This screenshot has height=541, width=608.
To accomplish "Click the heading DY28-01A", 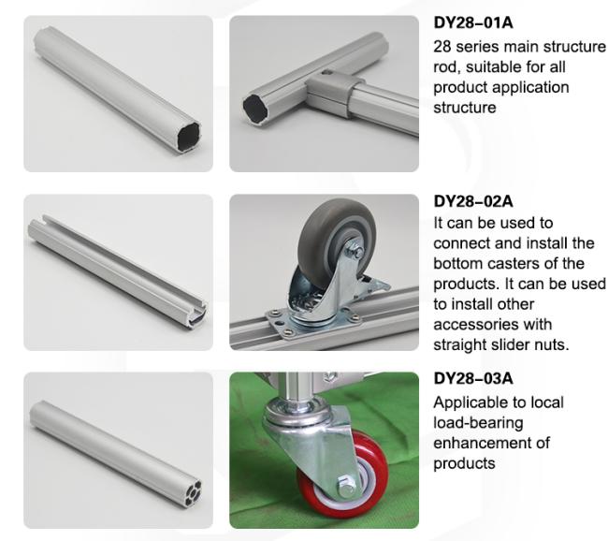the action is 473,22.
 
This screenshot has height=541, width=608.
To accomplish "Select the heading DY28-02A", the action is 473,201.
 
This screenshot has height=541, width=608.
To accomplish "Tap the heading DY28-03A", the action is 473,378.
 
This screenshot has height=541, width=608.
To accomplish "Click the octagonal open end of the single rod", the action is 188,138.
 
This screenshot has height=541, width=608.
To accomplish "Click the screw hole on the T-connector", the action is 326,72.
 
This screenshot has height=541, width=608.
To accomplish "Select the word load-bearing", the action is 478,423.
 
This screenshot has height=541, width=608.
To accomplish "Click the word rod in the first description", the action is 446,67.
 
